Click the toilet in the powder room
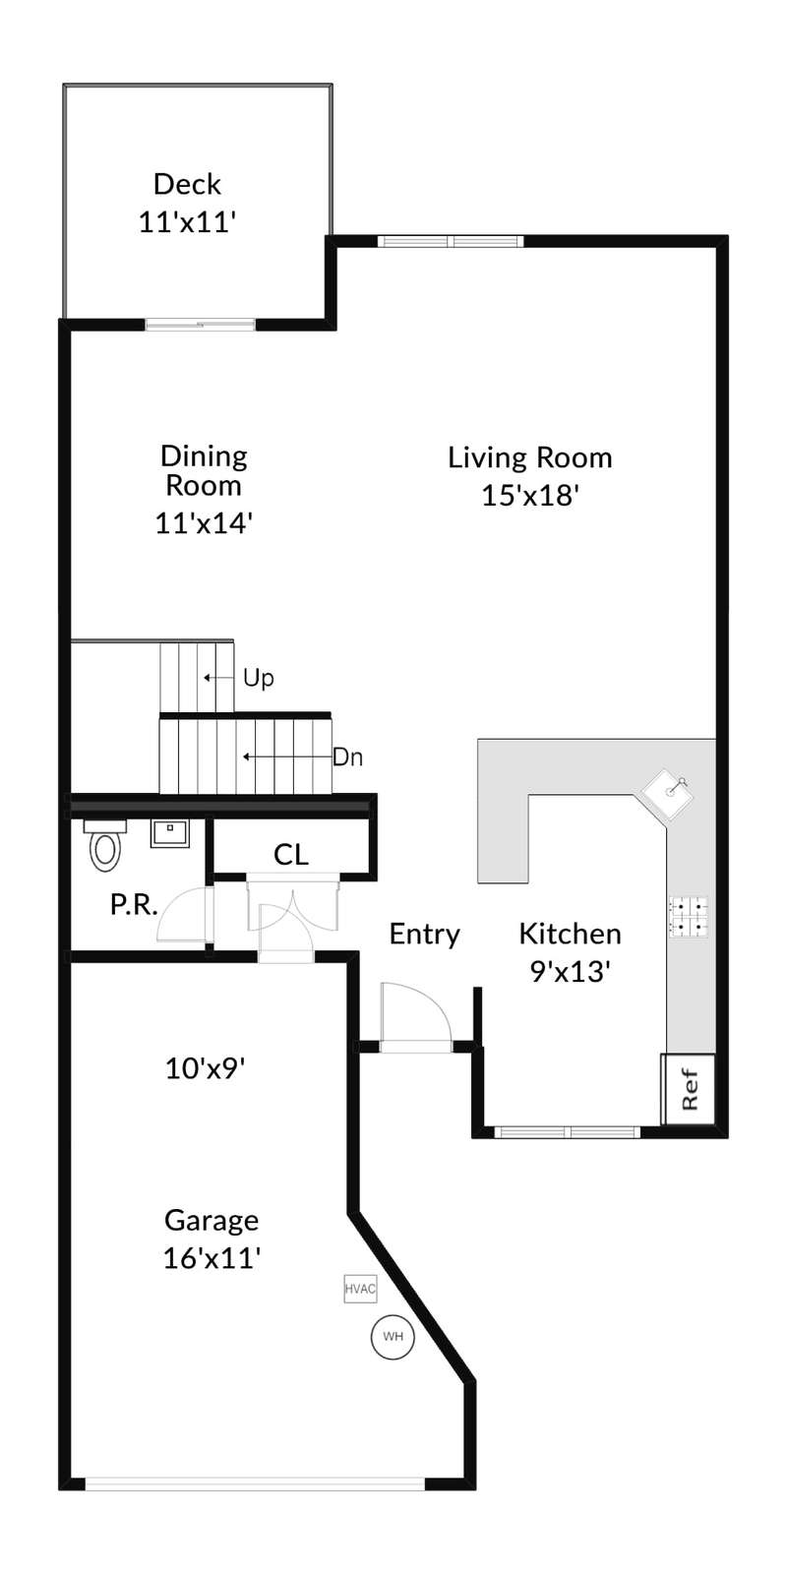(105, 844)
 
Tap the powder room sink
(169, 832)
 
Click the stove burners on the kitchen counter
(688, 917)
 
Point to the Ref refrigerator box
(689, 1089)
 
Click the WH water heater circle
(393, 1336)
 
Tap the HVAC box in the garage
(360, 1289)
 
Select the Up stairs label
(259, 678)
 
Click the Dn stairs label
(347, 757)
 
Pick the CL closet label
(291, 855)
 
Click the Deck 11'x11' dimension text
(187, 222)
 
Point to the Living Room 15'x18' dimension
(530, 496)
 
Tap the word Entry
(424, 935)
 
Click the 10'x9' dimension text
(205, 1068)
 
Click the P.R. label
(134, 905)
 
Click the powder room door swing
(184, 914)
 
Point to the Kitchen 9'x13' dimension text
(570, 972)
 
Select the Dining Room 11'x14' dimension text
(204, 523)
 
